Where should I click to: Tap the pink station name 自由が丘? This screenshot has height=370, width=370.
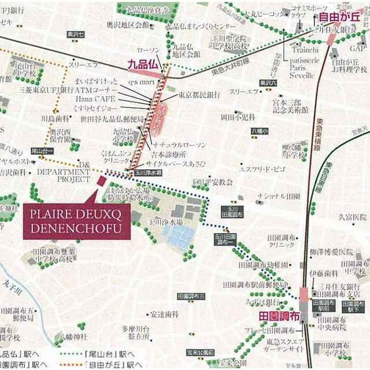339,18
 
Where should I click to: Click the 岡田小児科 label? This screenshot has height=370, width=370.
238,117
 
